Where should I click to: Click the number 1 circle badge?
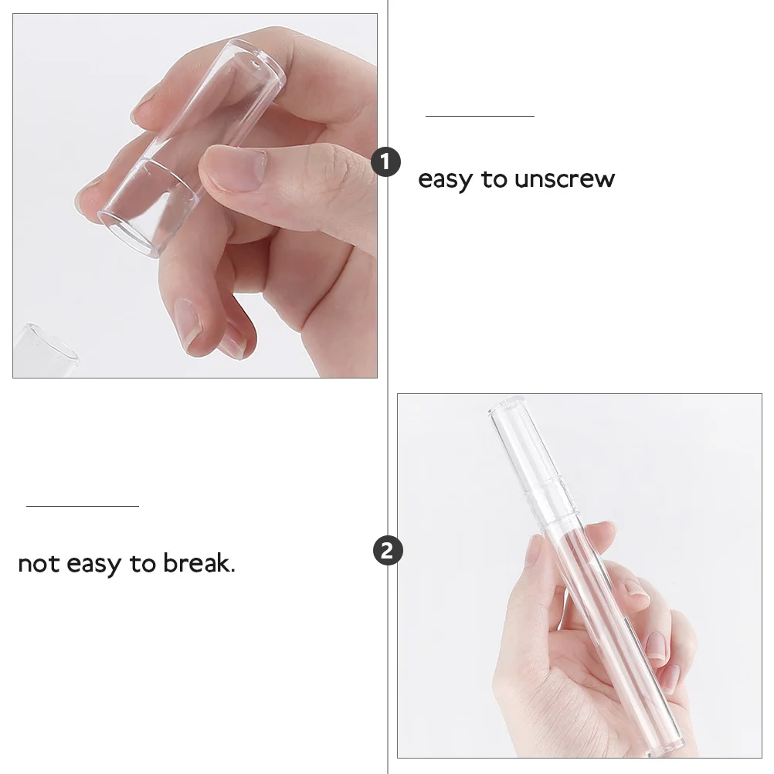pos(386,163)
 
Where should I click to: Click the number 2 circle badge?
pos(388,551)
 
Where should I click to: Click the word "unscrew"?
pos(565,179)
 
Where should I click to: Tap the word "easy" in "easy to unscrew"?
pos(445,180)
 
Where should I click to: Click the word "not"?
pos(39,564)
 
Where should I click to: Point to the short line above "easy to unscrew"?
pos(480,116)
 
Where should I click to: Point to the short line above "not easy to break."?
pos(83,506)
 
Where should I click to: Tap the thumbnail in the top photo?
pos(236,168)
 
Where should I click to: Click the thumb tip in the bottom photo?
pos(536,552)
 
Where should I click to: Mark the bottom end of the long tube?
pos(668,742)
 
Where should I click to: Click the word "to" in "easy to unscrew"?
pos(494,179)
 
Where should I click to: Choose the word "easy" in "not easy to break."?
pos(94,564)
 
